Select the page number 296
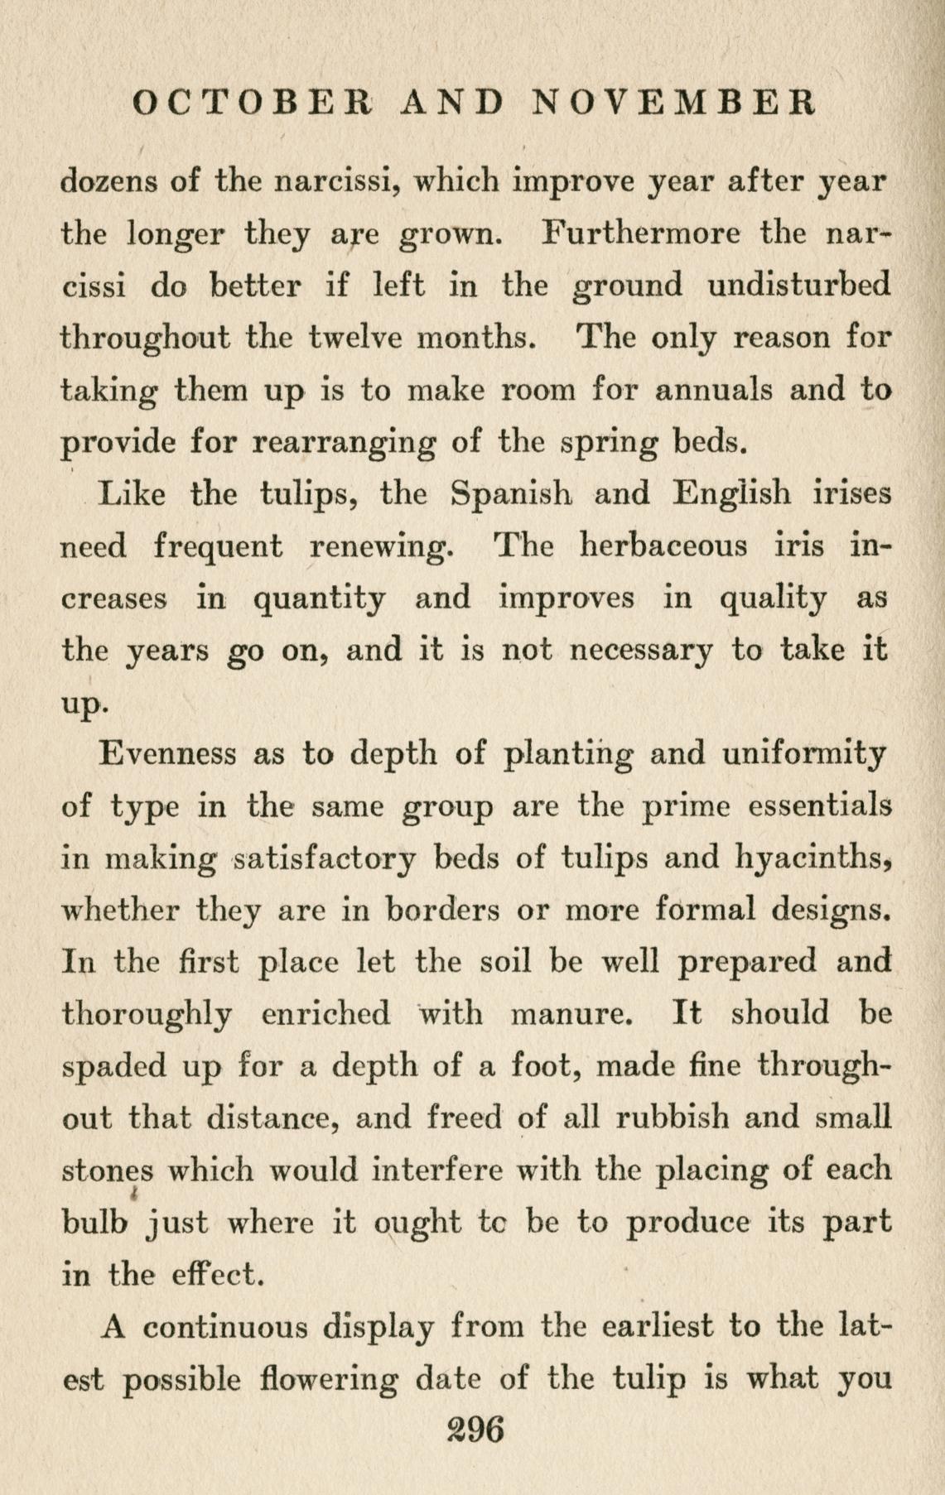(x=475, y=1429)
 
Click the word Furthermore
(x=640, y=233)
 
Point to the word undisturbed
(x=800, y=285)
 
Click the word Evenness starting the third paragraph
(x=166, y=754)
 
